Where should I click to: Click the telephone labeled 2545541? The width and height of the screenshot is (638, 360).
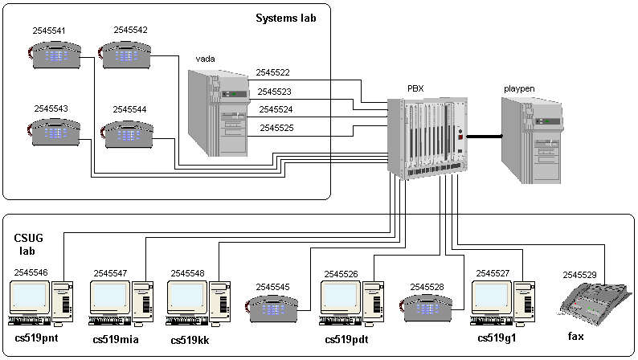pos(52,55)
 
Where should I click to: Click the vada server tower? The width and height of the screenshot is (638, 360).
pos(219,113)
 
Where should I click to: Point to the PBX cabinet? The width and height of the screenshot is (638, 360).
pos(425,137)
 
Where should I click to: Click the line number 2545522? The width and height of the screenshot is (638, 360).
pos(273,73)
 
